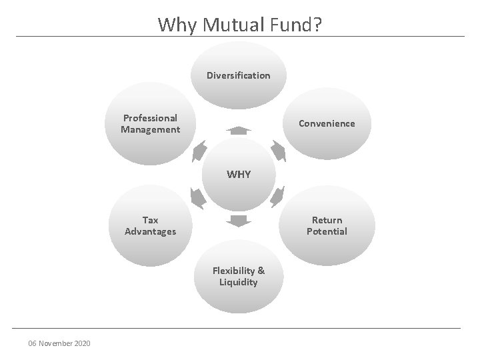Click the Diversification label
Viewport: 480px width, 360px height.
[x=239, y=75]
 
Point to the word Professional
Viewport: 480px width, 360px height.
[x=150, y=118]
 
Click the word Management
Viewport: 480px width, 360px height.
[x=150, y=129]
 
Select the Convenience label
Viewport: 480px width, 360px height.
[x=327, y=123]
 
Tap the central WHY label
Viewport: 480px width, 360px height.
[x=239, y=175]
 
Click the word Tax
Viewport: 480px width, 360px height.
[x=150, y=220]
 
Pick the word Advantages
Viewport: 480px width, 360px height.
[x=150, y=231]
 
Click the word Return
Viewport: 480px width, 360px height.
[x=327, y=220]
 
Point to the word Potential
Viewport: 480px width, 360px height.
[x=327, y=231]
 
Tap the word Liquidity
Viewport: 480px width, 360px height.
[x=239, y=282]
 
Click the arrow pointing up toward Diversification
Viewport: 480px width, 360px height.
[x=238, y=129]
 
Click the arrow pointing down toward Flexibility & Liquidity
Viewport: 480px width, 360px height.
[x=238, y=221]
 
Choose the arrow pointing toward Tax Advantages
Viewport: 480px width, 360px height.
[x=198, y=197]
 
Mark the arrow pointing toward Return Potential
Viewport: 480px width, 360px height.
[x=279, y=197]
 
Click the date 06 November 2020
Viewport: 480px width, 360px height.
[x=60, y=343]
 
